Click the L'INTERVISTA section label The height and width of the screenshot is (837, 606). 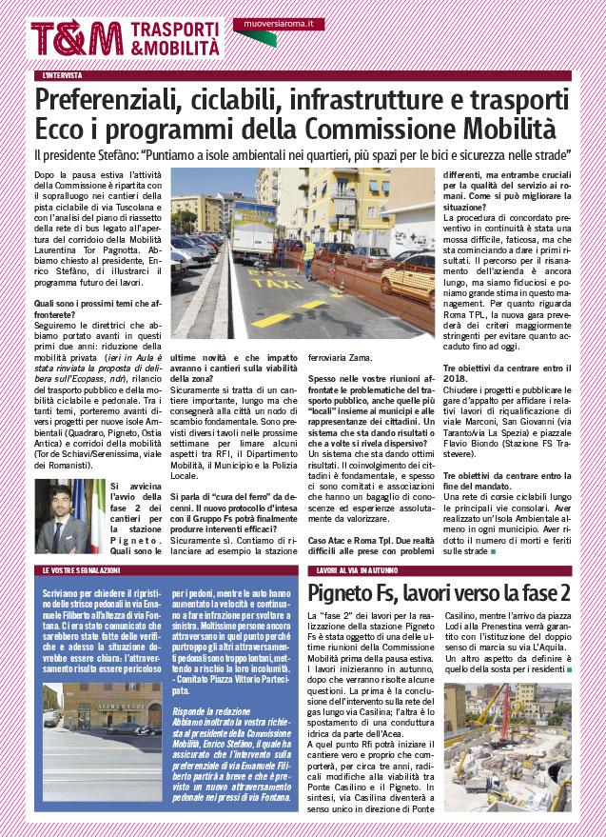coord(63,74)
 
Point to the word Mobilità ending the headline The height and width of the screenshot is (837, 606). coord(519,129)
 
